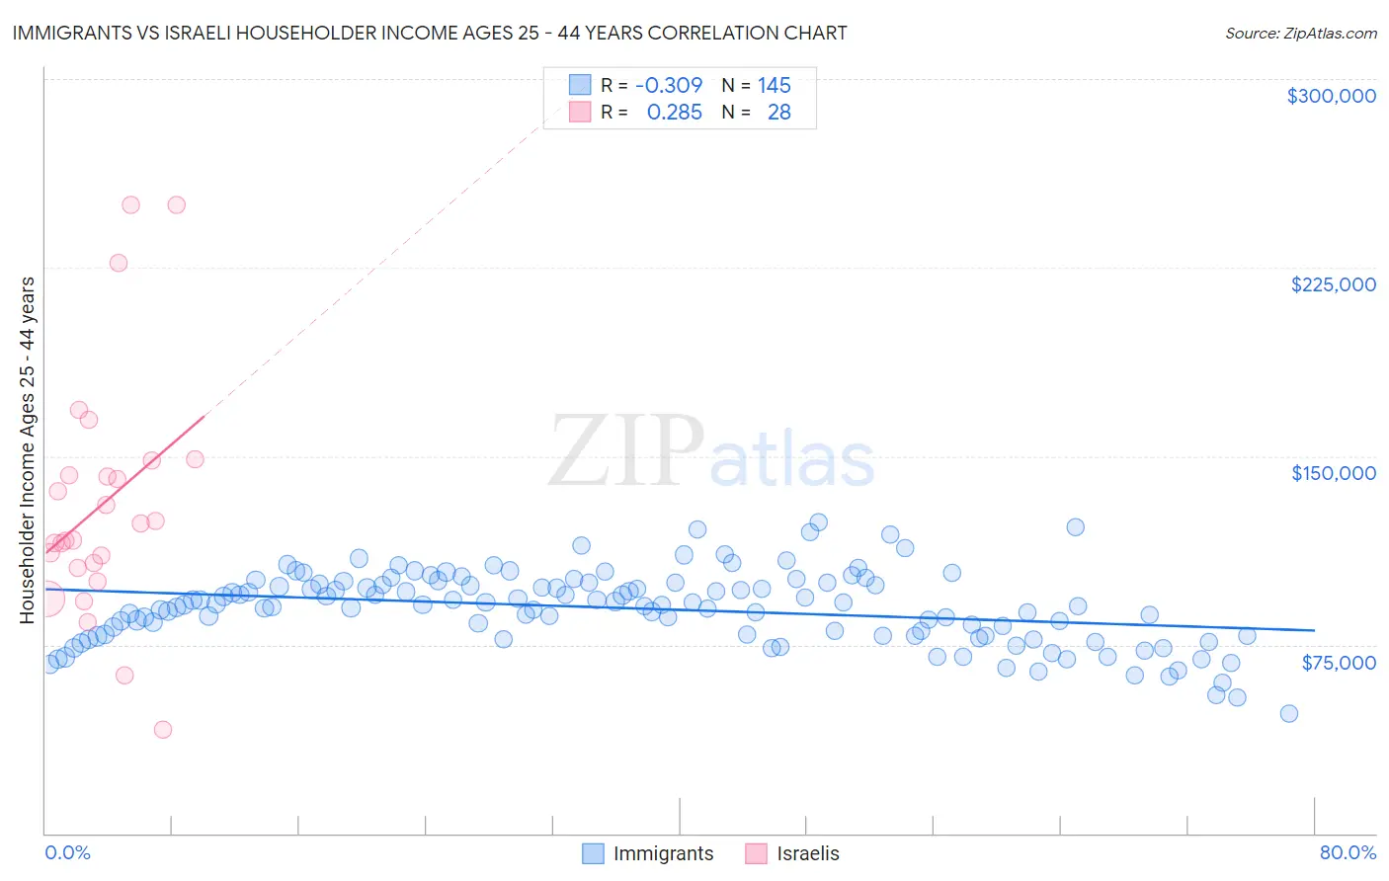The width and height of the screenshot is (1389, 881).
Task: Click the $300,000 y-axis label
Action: click(1331, 96)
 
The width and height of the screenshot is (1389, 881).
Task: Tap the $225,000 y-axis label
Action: click(1333, 284)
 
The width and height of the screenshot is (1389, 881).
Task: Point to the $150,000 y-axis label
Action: click(1333, 473)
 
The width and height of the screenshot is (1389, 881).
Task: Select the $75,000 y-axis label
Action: click(1339, 663)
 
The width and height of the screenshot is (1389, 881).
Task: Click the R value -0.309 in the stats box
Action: click(669, 86)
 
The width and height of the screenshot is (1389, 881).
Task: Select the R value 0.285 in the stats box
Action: click(674, 113)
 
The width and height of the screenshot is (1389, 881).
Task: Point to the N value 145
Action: click(775, 86)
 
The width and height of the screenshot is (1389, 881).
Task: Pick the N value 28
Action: click(779, 113)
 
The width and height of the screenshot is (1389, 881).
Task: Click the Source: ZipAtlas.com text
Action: click(1300, 34)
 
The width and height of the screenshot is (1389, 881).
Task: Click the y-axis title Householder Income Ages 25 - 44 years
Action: click(28, 450)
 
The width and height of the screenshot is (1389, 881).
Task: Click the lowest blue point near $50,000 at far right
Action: click(1288, 713)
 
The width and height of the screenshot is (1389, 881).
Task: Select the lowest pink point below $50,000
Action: click(163, 730)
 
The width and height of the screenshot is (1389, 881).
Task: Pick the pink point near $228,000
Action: click(119, 263)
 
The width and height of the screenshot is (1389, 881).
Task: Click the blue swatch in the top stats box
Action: click(580, 85)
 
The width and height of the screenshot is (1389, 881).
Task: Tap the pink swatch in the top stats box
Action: click(580, 112)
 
